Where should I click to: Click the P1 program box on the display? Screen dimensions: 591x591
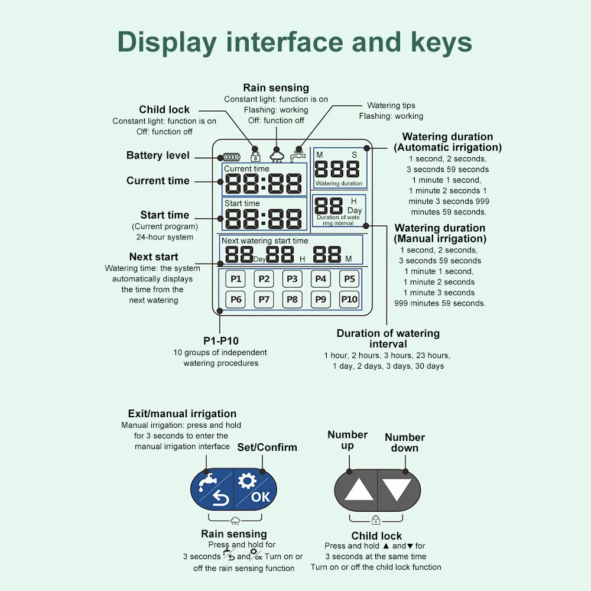tap(236, 279)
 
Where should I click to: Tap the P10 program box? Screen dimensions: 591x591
tap(349, 300)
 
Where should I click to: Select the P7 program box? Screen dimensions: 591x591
tap(264, 300)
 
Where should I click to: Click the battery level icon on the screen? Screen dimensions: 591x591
tap(231, 157)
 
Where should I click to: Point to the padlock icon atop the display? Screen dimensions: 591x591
tap(255, 155)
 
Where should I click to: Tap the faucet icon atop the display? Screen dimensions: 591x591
tap(297, 156)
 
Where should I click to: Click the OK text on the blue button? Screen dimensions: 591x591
tap(261, 497)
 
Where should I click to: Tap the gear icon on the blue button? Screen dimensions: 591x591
tap(247, 481)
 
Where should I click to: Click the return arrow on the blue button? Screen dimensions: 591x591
tap(221, 498)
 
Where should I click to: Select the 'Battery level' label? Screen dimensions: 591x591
tap(158, 155)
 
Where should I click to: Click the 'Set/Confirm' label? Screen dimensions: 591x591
tap(267, 447)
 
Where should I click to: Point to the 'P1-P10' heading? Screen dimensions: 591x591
tap(221, 341)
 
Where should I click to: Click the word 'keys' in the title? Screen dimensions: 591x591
tap(441, 42)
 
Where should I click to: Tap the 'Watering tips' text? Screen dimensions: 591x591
tap(391, 106)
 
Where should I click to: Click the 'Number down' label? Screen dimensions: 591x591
tap(405, 443)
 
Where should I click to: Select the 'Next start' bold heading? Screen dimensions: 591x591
tap(154, 256)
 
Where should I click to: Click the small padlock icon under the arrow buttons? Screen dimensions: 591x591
tap(376, 520)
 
